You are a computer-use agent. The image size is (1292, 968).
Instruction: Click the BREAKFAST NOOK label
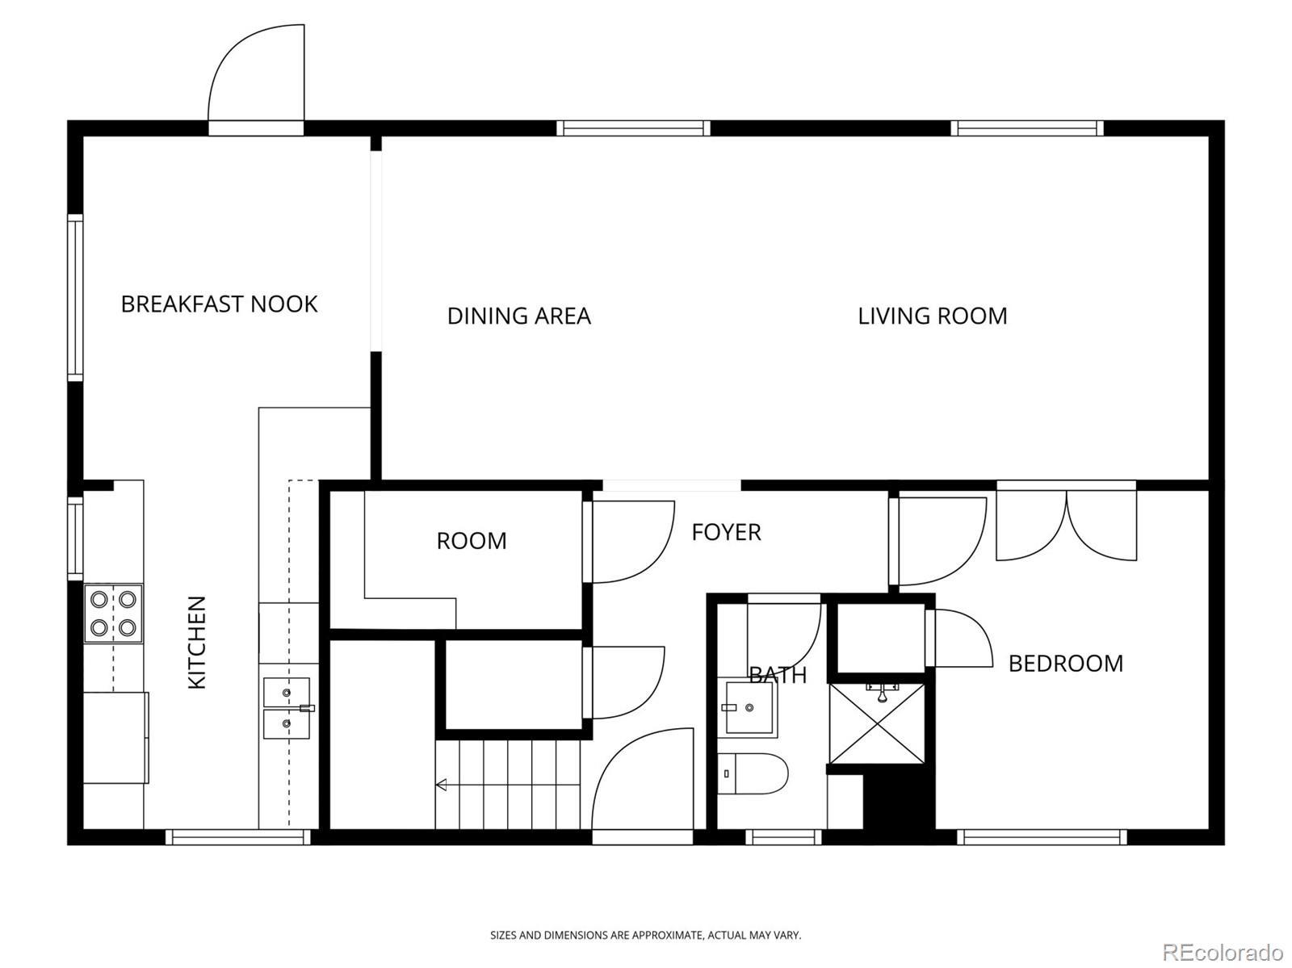(219, 304)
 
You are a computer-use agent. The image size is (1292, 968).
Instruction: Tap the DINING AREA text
(518, 316)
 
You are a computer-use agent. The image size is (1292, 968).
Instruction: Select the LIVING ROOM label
(933, 316)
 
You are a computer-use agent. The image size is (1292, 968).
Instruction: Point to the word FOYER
(726, 532)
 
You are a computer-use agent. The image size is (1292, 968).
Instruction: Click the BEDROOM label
(1065, 663)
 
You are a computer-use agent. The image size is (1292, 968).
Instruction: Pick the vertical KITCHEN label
(196, 642)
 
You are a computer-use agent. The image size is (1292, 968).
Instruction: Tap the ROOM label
(472, 541)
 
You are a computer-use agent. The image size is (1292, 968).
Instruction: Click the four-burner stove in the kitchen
(114, 613)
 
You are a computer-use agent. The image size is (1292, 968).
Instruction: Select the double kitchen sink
(287, 708)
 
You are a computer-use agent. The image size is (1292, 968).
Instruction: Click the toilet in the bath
(753, 773)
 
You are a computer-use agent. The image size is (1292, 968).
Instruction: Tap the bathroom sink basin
(749, 707)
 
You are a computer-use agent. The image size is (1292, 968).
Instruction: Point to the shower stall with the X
(877, 723)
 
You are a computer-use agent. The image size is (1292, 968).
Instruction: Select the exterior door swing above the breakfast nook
(257, 73)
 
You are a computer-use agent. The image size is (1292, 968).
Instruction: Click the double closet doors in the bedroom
(1066, 520)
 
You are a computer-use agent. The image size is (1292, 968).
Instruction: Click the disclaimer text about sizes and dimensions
(645, 935)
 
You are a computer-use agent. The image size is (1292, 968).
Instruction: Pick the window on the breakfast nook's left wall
(75, 297)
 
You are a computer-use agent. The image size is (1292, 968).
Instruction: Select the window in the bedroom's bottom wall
(1042, 837)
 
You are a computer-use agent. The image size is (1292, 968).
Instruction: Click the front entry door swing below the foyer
(643, 778)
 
